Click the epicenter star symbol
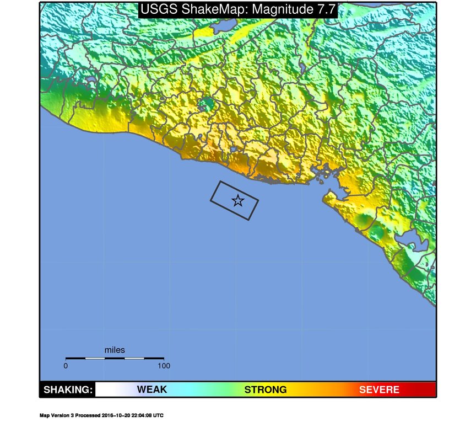click(x=237, y=200)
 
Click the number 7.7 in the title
click(x=325, y=9)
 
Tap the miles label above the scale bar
click(x=115, y=350)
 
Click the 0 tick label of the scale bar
click(x=66, y=365)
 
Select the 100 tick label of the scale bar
click(x=164, y=365)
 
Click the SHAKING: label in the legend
click(x=68, y=390)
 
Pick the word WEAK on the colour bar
click(x=152, y=390)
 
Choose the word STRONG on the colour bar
click(x=265, y=390)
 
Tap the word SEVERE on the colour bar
click(x=379, y=390)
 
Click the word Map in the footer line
click(x=44, y=415)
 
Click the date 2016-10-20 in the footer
click(x=117, y=415)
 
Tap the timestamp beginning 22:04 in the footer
click(x=143, y=415)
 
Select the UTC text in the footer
click(x=159, y=415)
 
